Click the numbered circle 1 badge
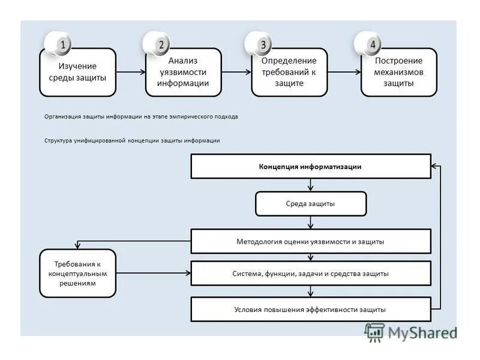pyautogui.click(x=63, y=44)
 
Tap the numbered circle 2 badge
pyautogui.click(x=161, y=44)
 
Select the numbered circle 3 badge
pyautogui.click(x=262, y=44)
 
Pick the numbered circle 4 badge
pyautogui.click(x=372, y=44)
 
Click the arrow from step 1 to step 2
pyautogui.click(x=131, y=72)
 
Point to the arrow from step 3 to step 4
pyautogui.click(x=344, y=72)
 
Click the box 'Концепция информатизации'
pyautogui.click(x=310, y=167)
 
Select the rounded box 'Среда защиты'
pyautogui.click(x=310, y=204)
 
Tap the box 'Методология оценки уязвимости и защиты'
pyautogui.click(x=310, y=241)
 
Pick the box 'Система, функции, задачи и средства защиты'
pyautogui.click(x=310, y=274)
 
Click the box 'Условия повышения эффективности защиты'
pyautogui.click(x=310, y=310)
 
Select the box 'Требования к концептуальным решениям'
pyautogui.click(x=77, y=274)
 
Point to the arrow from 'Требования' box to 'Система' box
pyautogui.click(x=153, y=274)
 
